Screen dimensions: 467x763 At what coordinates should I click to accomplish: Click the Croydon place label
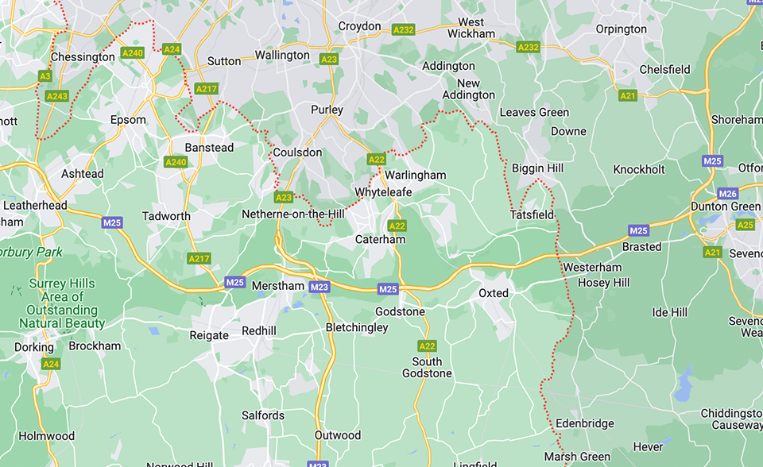[x=359, y=26]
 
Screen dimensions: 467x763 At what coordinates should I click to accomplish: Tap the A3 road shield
[x=45, y=76]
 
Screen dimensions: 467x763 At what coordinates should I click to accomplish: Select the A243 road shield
[x=57, y=96]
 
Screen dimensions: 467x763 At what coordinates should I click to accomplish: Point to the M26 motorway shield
[x=727, y=194]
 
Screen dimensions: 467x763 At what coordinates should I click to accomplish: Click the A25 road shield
[x=745, y=225]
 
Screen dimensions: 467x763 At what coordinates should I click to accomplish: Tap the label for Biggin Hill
[x=537, y=168]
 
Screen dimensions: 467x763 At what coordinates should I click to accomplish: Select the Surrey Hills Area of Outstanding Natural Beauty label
[x=62, y=303]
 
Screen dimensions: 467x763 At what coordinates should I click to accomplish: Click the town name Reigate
[x=209, y=335]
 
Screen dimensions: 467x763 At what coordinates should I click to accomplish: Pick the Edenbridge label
[x=585, y=423]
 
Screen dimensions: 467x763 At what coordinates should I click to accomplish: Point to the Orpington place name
[x=621, y=29]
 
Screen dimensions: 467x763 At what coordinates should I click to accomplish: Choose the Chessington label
[x=83, y=57]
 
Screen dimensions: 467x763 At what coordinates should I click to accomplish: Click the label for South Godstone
[x=427, y=367]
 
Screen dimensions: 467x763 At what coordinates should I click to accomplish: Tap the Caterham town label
[x=380, y=239]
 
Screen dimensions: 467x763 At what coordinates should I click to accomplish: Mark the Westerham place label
[x=592, y=268]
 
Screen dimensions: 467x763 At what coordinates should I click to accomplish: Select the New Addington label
[x=469, y=89]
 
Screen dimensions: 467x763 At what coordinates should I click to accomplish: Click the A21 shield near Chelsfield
[x=628, y=95]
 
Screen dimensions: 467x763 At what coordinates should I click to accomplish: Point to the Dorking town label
[x=34, y=347]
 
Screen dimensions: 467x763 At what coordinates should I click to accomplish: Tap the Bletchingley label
[x=357, y=327]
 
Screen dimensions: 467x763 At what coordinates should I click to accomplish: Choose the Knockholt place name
[x=639, y=169]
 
